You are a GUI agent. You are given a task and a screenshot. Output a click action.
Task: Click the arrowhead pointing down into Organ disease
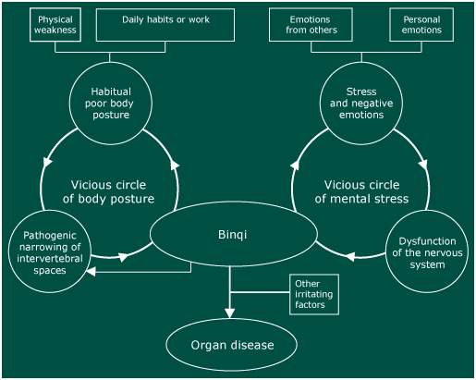click(229, 313)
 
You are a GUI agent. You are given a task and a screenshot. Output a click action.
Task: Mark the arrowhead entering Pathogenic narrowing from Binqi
click(91, 272)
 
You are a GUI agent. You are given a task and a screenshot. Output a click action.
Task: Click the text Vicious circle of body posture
click(108, 191)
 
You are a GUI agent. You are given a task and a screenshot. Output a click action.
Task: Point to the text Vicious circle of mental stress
click(361, 191)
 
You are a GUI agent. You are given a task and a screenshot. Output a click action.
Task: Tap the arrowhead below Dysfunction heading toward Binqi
click(350, 256)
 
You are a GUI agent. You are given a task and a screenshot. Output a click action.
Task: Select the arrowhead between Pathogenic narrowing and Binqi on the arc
click(124, 257)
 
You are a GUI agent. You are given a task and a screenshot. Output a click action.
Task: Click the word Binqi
click(233, 235)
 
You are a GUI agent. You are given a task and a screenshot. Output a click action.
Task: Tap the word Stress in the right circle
click(361, 92)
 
